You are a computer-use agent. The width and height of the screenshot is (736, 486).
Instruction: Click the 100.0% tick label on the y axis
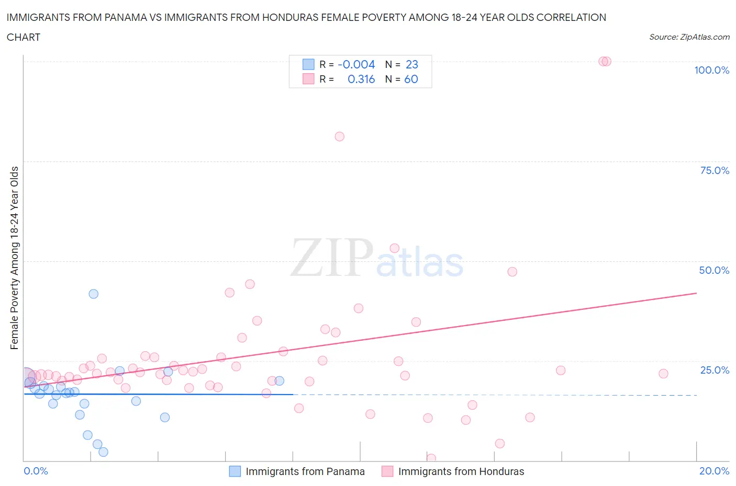(x=711, y=70)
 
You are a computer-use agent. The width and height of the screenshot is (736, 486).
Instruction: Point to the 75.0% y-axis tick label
(x=714, y=170)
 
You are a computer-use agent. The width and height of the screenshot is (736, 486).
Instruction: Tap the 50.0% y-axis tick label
(x=714, y=270)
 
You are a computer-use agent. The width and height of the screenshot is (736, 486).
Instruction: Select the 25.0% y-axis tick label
(x=714, y=370)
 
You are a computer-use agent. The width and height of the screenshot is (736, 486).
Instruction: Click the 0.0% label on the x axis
(x=36, y=471)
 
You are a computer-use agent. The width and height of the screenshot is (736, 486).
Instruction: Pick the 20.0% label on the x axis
(x=714, y=471)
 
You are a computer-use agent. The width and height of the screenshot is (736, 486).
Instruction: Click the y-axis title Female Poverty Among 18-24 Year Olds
(x=14, y=258)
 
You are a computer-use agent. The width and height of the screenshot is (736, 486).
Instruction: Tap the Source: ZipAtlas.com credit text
(x=689, y=37)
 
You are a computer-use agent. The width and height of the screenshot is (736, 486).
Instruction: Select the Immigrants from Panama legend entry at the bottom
(x=305, y=471)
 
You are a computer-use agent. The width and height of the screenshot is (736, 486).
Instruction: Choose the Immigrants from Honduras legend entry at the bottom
(x=461, y=471)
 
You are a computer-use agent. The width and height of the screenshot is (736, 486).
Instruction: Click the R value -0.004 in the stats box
(x=356, y=64)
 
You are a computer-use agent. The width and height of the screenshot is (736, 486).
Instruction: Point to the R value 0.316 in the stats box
(x=361, y=79)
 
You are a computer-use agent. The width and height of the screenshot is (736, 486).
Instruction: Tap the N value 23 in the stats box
(x=412, y=64)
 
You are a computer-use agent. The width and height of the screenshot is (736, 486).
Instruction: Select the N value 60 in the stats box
(x=411, y=79)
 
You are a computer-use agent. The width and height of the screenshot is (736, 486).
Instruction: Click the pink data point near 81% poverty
(x=339, y=136)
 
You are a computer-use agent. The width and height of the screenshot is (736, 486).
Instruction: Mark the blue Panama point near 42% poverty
(x=93, y=294)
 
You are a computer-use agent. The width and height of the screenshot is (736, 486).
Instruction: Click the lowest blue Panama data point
(x=103, y=452)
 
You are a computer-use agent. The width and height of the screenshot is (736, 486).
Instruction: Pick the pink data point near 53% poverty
(x=395, y=248)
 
